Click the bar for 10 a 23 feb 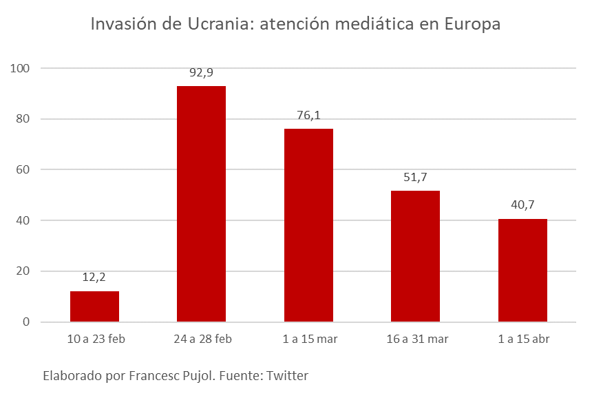tap(94, 306)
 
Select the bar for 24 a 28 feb tap(201, 204)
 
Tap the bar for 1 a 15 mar tap(308, 225)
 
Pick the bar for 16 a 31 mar tap(415, 256)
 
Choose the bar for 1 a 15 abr tap(522, 270)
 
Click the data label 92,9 tap(201, 72)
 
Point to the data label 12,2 tap(94, 277)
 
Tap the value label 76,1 tap(308, 115)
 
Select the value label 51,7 tap(415, 177)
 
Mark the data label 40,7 tap(522, 205)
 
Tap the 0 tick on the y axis tap(26, 322)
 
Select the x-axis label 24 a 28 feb tap(201, 339)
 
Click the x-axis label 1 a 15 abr tap(522, 339)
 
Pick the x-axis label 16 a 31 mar tap(415, 339)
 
